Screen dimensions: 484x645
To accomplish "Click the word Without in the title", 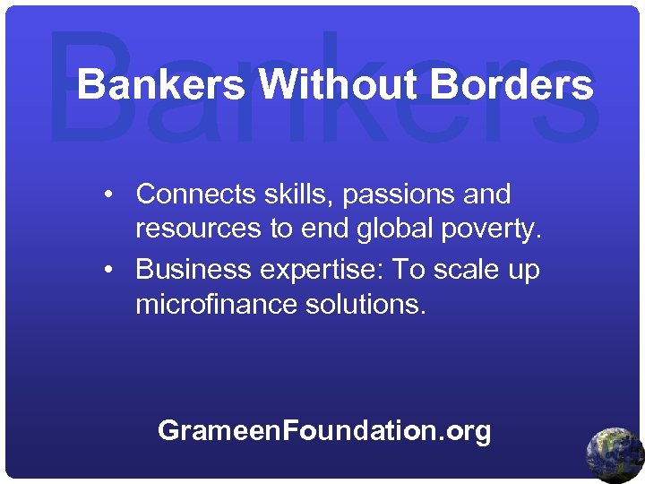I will [337, 86].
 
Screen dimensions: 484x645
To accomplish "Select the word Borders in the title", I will [512, 86].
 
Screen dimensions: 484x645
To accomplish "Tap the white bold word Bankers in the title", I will [160, 86].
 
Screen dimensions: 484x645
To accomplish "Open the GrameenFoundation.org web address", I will [324, 431].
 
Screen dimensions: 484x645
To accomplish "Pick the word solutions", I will [362, 305].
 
